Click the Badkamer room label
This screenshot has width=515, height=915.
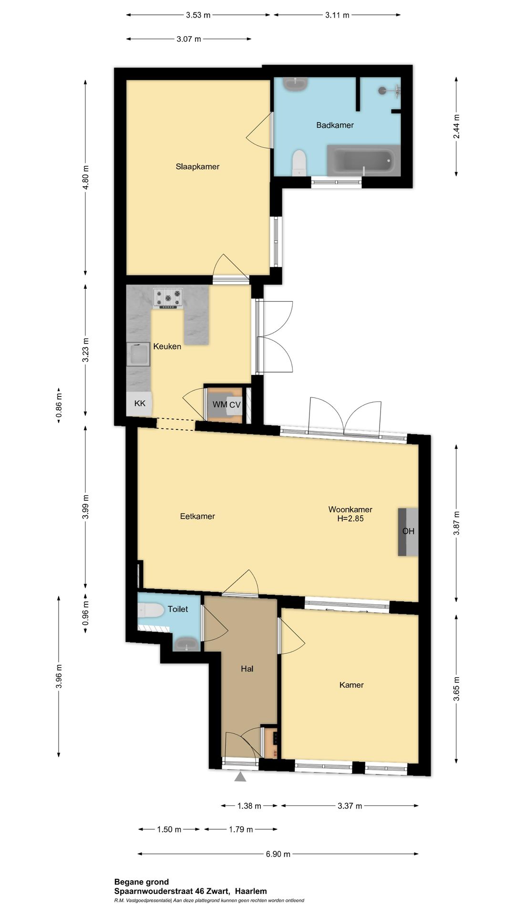click(x=335, y=125)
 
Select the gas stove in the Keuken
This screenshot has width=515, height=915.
click(x=168, y=298)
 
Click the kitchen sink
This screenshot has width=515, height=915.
click(x=138, y=355)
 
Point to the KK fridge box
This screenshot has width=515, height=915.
click(x=139, y=404)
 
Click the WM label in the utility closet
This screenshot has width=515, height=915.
click(x=219, y=405)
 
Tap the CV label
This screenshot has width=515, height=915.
click(x=235, y=405)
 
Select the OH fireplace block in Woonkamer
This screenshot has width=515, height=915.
click(x=408, y=532)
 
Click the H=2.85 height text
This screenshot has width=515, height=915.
click(x=350, y=519)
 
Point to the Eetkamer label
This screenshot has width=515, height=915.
click(x=197, y=516)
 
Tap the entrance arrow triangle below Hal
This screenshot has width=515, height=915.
click(x=240, y=777)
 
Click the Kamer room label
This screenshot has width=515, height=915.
click(x=351, y=685)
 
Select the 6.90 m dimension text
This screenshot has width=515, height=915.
click(x=278, y=854)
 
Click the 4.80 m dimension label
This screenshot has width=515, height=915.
click(x=85, y=177)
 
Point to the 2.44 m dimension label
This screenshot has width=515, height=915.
click(x=456, y=127)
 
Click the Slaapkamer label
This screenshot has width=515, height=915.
click(x=197, y=167)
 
